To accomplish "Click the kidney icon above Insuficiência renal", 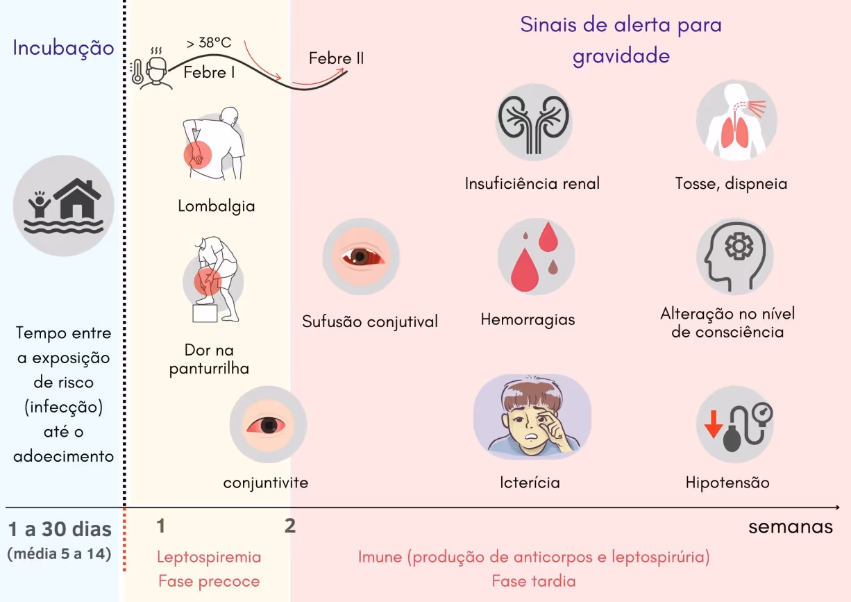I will click(532, 123).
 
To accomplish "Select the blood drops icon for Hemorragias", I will click(535, 256).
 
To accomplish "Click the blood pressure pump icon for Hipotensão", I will click(736, 426).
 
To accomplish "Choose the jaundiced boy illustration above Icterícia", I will click(532, 415).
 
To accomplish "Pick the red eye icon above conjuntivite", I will click(267, 424).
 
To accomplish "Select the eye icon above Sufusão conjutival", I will click(361, 256).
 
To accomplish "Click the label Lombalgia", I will click(216, 206).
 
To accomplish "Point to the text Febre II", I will click(336, 58).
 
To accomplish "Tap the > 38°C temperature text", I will click(208, 43).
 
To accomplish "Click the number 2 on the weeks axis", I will click(290, 526).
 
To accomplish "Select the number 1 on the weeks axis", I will click(161, 526).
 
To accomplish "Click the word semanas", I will click(790, 527).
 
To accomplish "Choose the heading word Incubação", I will click(63, 49).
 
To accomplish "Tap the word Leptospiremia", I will click(209, 557).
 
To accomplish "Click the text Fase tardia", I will click(533, 581).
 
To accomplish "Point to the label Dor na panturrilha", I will click(209, 360).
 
